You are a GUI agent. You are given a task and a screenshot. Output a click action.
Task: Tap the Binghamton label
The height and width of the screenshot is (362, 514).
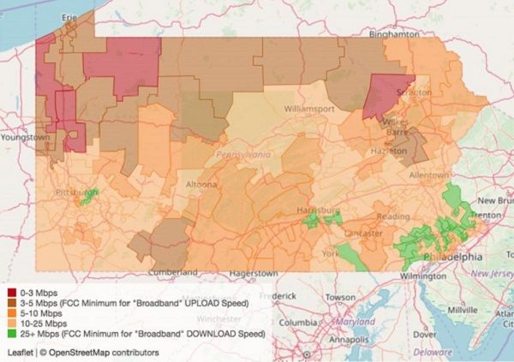[393, 34]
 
